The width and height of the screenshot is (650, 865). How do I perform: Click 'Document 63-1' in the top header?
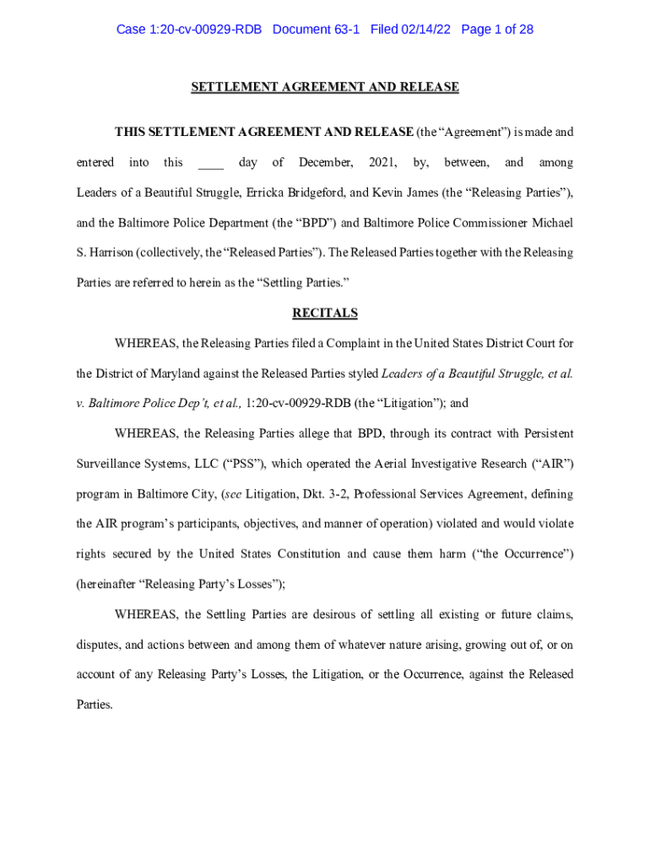(x=316, y=30)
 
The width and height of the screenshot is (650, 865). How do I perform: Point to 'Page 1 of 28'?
(x=497, y=30)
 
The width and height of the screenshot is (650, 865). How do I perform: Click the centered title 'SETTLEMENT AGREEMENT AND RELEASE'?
(x=325, y=87)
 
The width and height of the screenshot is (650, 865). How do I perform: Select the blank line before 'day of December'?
(x=210, y=163)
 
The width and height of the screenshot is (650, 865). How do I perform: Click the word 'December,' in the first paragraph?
(x=326, y=162)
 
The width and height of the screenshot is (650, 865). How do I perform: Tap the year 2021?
(x=383, y=162)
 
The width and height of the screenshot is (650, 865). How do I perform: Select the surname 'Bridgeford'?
(x=311, y=193)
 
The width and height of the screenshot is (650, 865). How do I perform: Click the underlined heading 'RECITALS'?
(x=325, y=313)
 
